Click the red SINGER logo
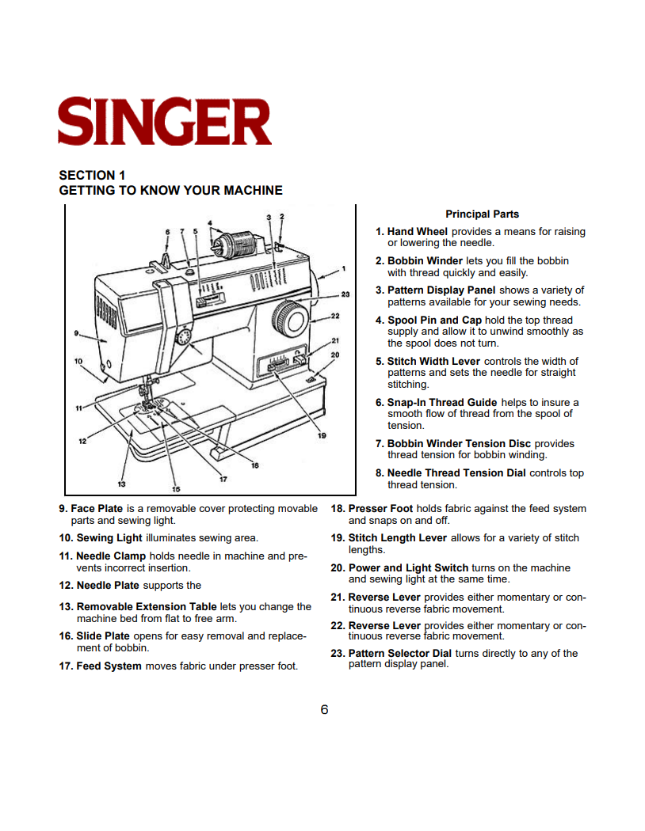click(165, 121)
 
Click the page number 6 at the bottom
click(324, 709)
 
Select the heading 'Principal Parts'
click(482, 214)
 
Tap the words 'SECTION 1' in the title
click(92, 175)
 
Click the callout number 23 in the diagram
click(345, 294)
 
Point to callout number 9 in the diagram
click(76, 332)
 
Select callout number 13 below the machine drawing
click(121, 483)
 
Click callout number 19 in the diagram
click(321, 435)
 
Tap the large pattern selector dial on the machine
click(290, 320)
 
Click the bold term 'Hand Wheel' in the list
click(417, 232)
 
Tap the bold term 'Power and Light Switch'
click(408, 567)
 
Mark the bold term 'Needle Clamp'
click(111, 556)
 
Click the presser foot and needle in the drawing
click(147, 400)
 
